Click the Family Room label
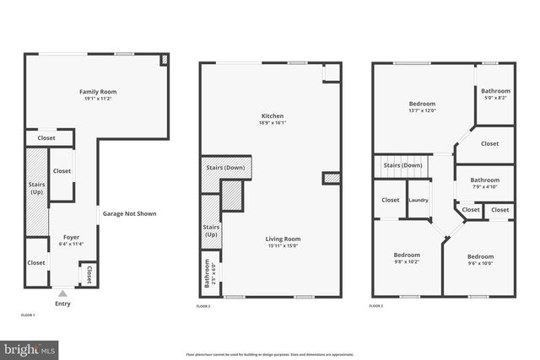(x=97, y=91)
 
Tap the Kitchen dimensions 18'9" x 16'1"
(x=272, y=122)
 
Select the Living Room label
(x=283, y=239)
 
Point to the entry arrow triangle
(x=62, y=293)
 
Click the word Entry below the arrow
(x=62, y=304)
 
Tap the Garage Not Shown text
(x=129, y=213)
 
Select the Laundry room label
(x=418, y=200)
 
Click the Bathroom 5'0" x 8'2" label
(x=495, y=91)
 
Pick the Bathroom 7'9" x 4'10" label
(x=484, y=180)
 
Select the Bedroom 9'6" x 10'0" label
(x=480, y=257)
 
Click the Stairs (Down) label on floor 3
(x=402, y=165)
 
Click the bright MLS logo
(x=30, y=347)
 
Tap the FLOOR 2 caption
(x=203, y=307)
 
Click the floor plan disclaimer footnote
(x=270, y=355)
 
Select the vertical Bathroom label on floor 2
(x=208, y=276)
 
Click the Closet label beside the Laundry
(x=390, y=200)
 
